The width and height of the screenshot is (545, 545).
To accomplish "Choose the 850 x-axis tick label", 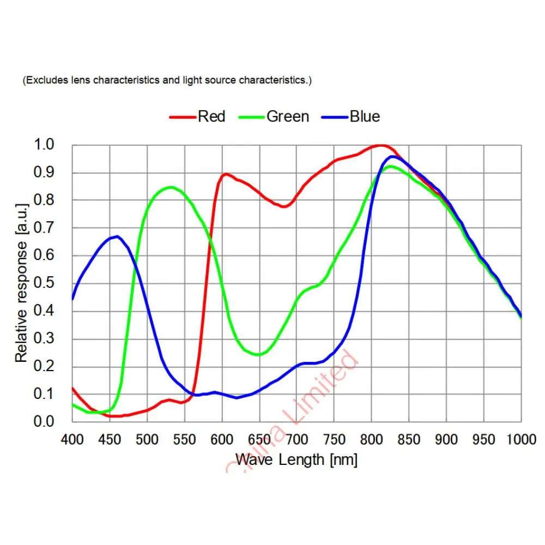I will click(x=409, y=439).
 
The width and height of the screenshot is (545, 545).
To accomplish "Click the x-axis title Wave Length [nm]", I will click(x=296, y=459).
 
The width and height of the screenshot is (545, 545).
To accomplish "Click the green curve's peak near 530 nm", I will click(x=171, y=187).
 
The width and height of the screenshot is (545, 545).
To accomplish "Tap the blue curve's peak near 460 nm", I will click(x=117, y=236).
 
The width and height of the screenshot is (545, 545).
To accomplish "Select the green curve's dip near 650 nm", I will click(x=258, y=355).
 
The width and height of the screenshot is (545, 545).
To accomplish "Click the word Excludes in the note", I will click(x=44, y=80).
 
